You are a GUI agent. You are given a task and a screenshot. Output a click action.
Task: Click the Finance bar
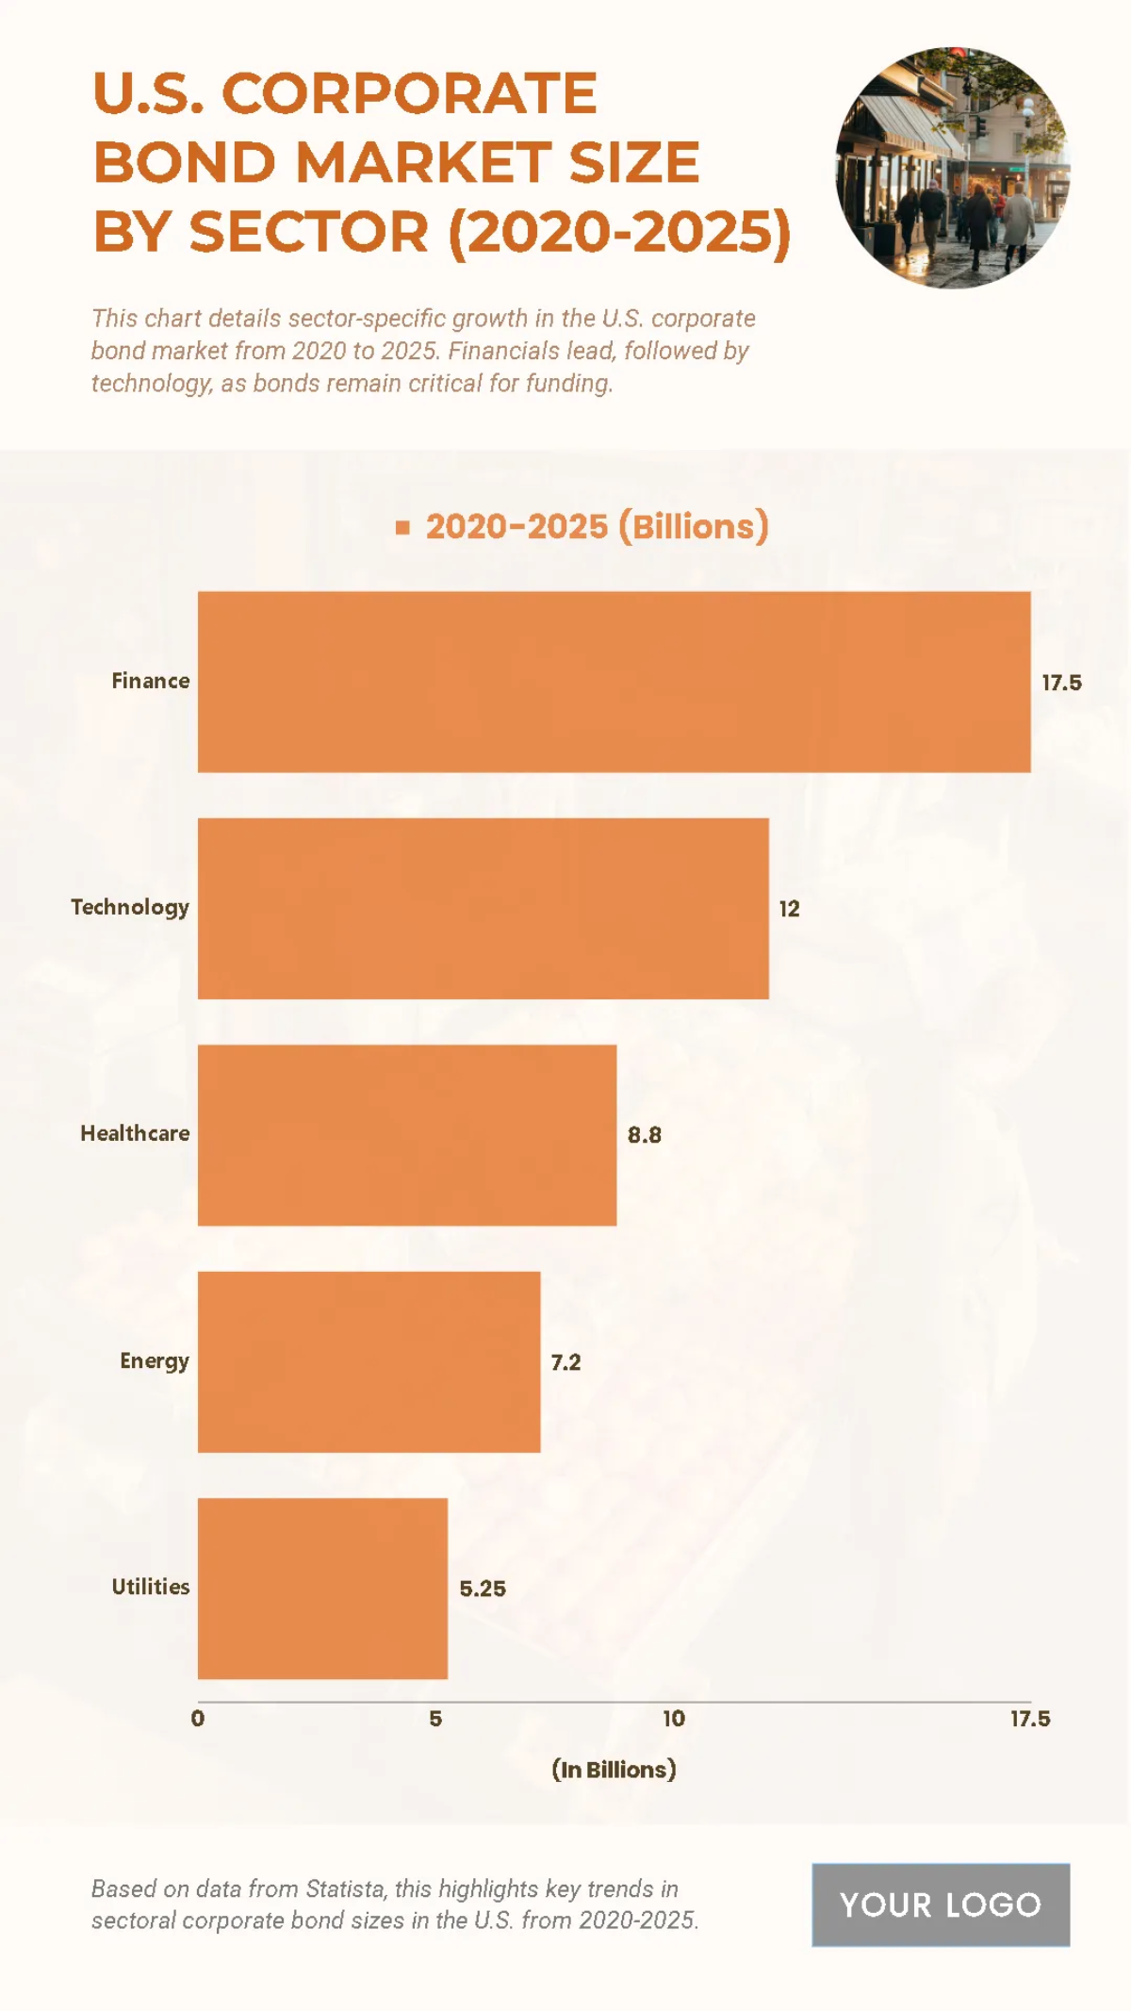tap(614, 682)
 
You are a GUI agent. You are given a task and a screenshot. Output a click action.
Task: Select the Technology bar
tap(483, 908)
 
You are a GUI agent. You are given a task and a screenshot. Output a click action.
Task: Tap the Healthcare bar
tap(407, 1135)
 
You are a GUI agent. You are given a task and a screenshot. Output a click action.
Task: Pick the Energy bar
tap(369, 1361)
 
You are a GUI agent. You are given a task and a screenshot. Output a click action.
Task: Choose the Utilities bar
tap(322, 1589)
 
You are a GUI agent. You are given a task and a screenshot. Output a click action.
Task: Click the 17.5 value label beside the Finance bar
tap(1061, 683)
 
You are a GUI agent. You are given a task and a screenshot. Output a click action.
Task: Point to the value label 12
tap(789, 909)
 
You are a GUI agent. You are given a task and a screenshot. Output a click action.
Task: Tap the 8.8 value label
tap(645, 1135)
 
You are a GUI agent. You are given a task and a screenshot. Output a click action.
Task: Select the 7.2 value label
tap(565, 1362)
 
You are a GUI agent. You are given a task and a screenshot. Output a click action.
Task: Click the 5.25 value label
tap(483, 1589)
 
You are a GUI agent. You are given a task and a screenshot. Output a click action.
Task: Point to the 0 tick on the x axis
tap(198, 1719)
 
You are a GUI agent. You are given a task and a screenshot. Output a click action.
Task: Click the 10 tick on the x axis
tap(674, 1719)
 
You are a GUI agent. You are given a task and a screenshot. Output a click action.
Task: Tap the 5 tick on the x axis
tap(435, 1719)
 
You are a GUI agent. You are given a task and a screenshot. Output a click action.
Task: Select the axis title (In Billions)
tap(614, 1770)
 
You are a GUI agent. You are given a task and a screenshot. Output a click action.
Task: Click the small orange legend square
tap(402, 528)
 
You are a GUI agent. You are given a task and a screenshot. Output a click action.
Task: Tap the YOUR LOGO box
tap(941, 1904)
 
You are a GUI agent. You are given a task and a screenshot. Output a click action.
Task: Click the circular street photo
tap(952, 168)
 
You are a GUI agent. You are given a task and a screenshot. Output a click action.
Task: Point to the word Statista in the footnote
tap(345, 1888)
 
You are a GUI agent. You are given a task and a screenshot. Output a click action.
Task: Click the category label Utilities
tap(151, 1587)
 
